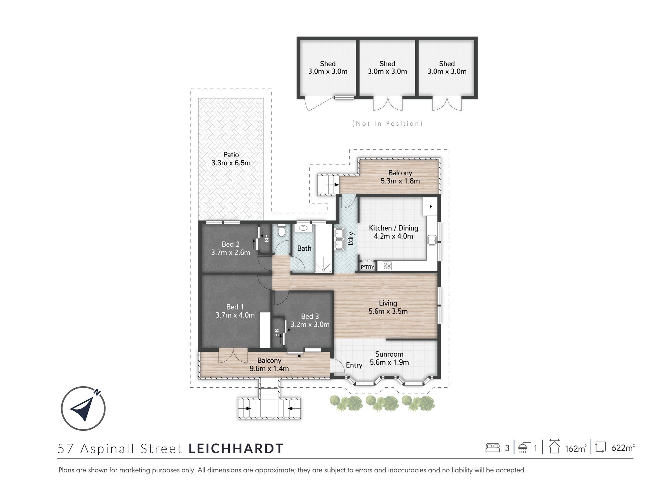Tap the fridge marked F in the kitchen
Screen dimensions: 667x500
pos(431,207)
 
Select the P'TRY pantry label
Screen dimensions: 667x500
pos(368,267)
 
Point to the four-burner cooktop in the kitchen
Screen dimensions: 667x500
pos(387,266)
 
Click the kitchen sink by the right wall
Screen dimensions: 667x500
pos(432,240)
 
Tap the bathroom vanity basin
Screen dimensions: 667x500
pos(303,228)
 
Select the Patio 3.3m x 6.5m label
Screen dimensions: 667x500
pos(231,159)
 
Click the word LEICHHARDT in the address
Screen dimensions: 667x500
pos(236,448)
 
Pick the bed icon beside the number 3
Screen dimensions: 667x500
pos(493,447)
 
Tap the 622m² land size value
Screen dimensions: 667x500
pos(623,448)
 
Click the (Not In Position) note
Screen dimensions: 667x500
pos(387,124)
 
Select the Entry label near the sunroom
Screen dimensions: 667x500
pos(354,365)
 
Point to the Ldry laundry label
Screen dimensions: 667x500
pos(351,239)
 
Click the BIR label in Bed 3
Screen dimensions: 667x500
pos(276,332)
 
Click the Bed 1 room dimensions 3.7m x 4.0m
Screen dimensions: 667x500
pos(235,315)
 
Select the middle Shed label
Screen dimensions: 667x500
pos(387,63)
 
